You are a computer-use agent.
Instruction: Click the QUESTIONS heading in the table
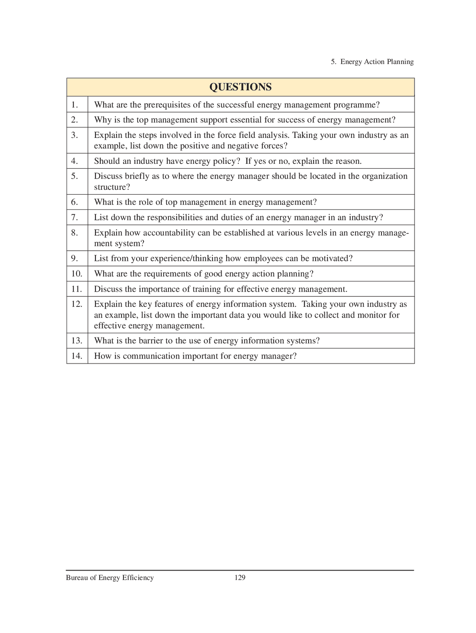click(x=240, y=87)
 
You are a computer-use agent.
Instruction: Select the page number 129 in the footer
click(x=240, y=578)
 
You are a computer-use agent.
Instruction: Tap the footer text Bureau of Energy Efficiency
click(x=110, y=578)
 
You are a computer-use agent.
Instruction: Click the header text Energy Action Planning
click(x=377, y=62)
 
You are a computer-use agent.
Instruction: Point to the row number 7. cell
click(x=75, y=217)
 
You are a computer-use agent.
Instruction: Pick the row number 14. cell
click(x=77, y=356)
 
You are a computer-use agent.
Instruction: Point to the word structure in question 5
click(x=110, y=187)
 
